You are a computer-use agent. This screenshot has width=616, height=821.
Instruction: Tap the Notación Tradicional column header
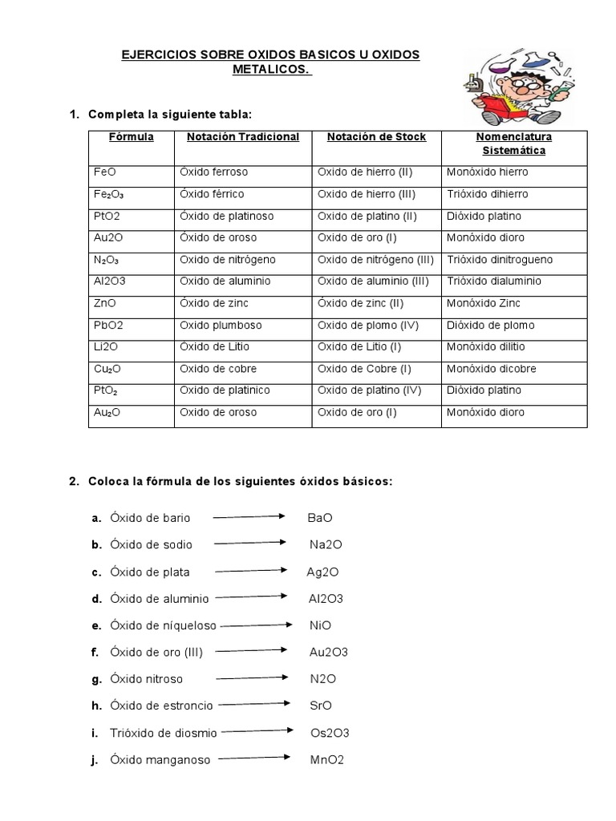coord(243,137)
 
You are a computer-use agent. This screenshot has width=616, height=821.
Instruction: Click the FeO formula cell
coord(105,172)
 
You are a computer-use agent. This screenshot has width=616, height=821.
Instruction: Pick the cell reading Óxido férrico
coord(213,194)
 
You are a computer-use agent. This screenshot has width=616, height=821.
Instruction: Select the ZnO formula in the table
coord(106,303)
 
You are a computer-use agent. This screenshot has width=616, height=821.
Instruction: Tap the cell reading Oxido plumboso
coord(217,326)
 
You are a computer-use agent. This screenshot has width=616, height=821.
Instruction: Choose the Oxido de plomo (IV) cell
coord(368,326)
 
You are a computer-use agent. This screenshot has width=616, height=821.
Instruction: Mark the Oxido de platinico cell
coord(225,390)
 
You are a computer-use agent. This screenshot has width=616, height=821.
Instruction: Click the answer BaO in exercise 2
coord(319,518)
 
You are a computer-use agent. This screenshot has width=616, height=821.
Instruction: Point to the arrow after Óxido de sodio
coord(250,544)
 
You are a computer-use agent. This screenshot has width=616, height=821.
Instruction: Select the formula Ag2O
coord(322,572)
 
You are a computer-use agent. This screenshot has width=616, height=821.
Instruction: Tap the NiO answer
coord(320,625)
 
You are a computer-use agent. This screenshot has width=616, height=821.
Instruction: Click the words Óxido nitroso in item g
coord(147,679)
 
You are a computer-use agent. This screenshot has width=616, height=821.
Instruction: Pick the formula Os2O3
coord(330,733)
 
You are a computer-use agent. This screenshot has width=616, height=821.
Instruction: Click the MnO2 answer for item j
coord(326,760)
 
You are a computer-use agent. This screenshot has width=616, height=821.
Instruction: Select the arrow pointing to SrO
coord(254,705)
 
